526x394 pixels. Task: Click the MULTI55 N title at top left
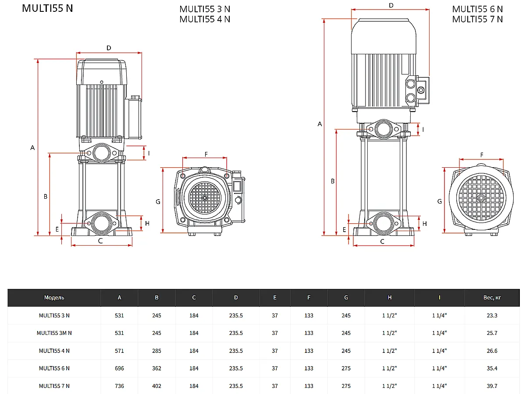[47, 8]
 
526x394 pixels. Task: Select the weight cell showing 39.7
[492, 386]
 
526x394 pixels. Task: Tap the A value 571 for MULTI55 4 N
[119, 351]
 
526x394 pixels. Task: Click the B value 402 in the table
[156, 386]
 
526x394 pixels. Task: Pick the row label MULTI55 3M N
[54, 333]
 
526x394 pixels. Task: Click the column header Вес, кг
[492, 298]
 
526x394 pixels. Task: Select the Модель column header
[54, 298]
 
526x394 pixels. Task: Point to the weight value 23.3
[492, 315]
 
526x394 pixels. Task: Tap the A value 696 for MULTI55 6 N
[119, 368]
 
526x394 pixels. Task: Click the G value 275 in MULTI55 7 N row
[346, 386]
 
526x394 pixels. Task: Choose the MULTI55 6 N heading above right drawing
[477, 9]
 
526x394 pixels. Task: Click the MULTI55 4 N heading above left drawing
[205, 19]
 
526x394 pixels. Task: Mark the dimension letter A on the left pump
[32, 148]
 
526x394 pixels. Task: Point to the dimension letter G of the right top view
[439, 201]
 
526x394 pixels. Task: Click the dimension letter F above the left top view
[206, 154]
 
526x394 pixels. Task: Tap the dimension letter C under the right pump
[382, 241]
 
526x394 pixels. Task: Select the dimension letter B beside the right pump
[333, 181]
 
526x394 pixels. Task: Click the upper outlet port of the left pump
[101, 153]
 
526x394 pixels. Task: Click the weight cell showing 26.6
[492, 351]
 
